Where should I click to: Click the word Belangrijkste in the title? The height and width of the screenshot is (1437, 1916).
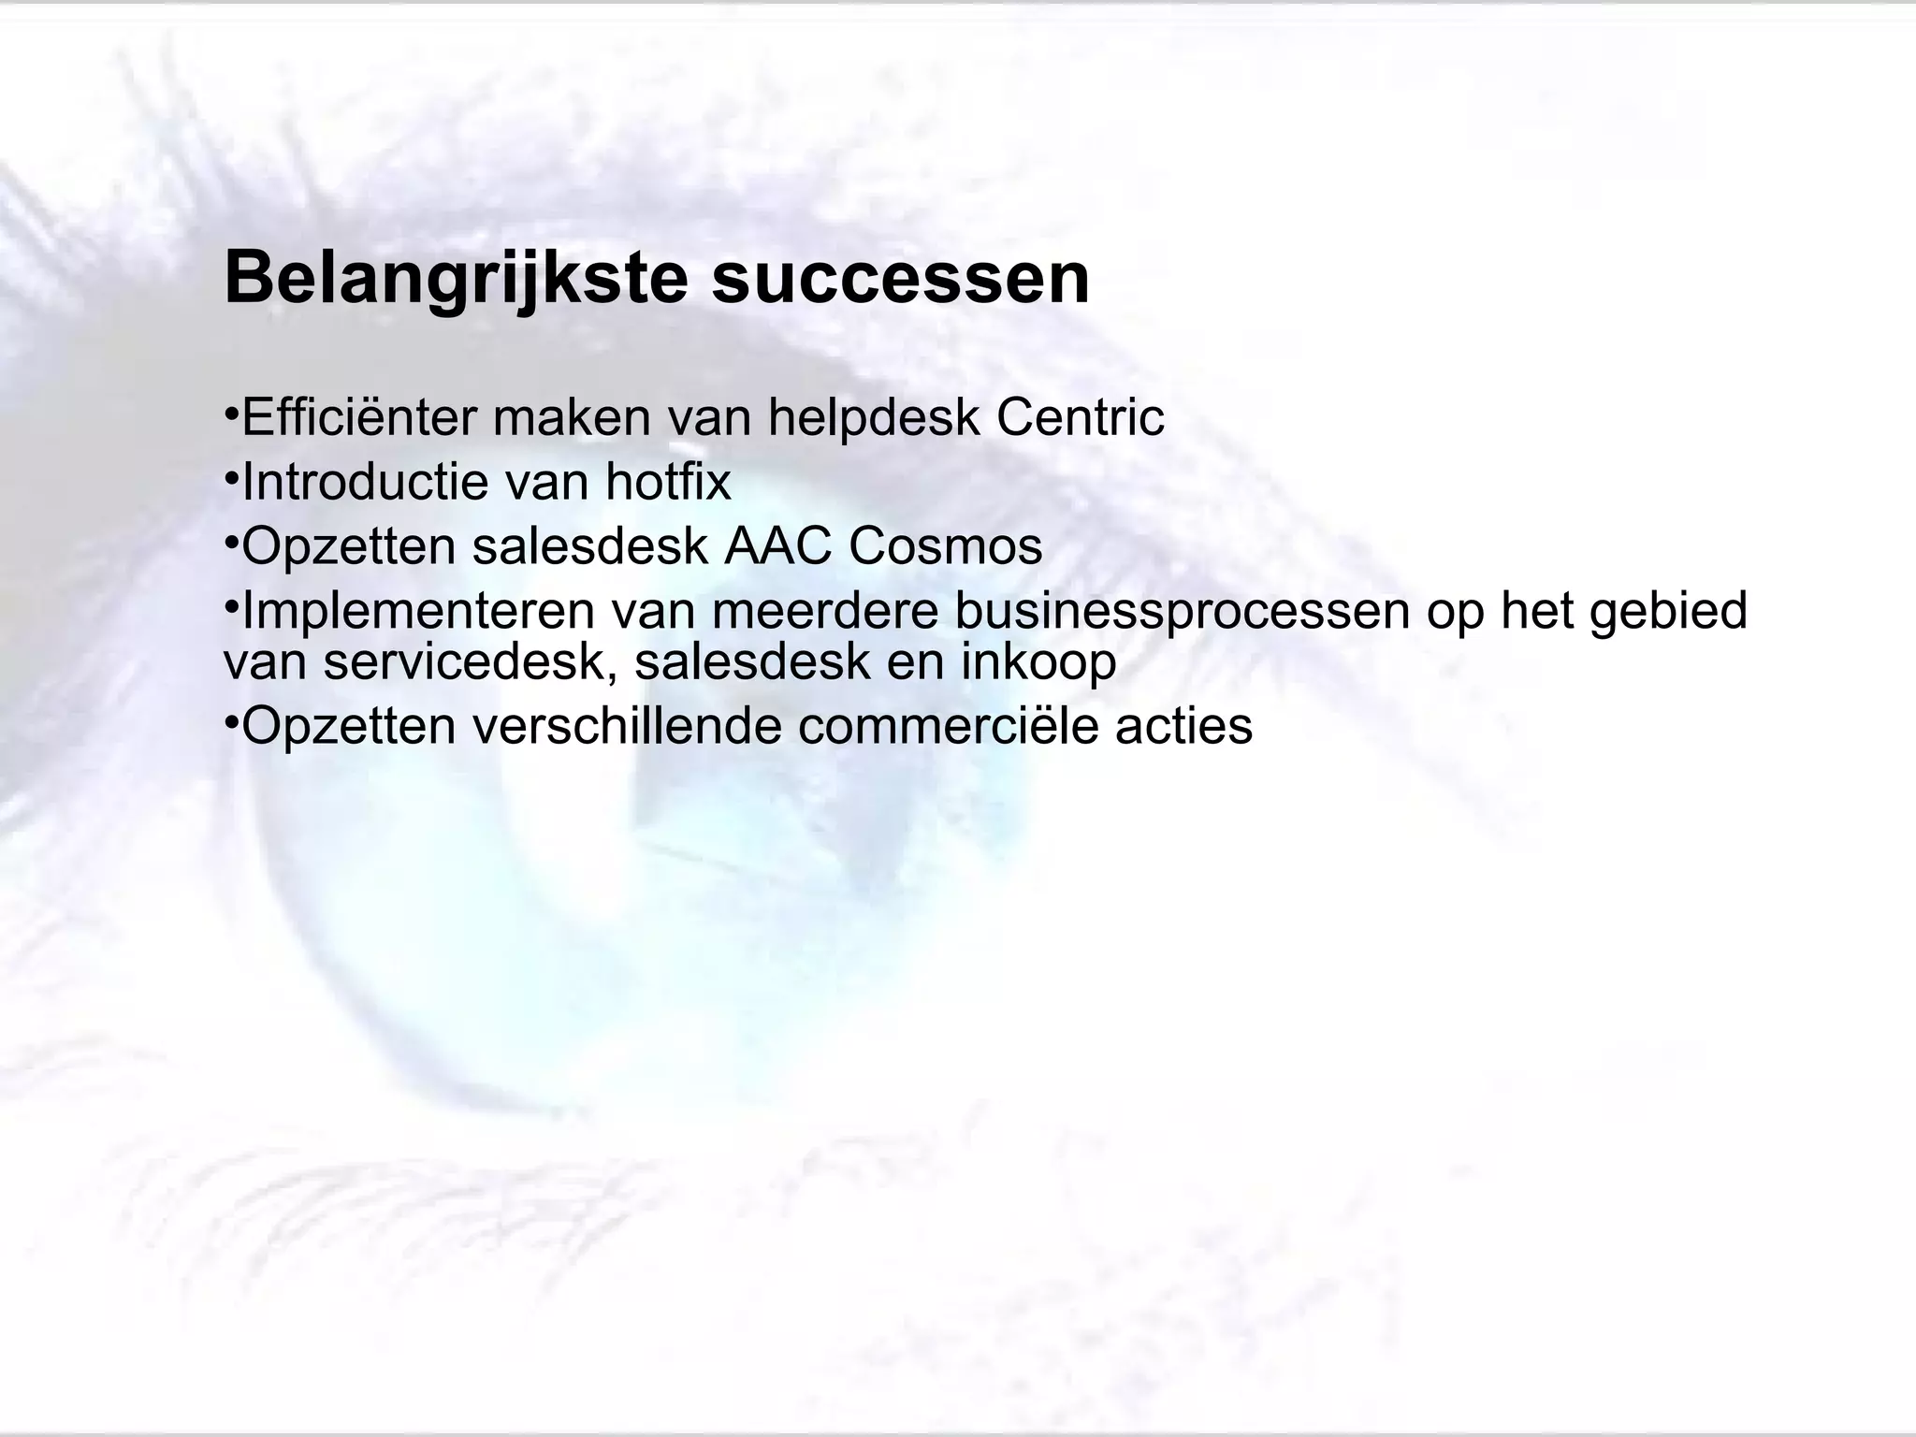click(x=456, y=278)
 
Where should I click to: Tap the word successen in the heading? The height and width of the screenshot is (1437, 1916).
click(x=900, y=278)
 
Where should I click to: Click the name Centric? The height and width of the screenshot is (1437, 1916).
click(x=1080, y=417)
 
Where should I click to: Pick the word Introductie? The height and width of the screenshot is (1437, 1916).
click(x=365, y=482)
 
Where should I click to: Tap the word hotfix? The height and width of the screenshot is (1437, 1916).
click(x=668, y=482)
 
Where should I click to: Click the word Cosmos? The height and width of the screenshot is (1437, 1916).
click(x=945, y=546)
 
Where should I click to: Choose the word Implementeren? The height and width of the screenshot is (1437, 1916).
click(x=418, y=611)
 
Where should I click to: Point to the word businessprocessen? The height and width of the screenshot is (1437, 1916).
click(x=1182, y=611)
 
